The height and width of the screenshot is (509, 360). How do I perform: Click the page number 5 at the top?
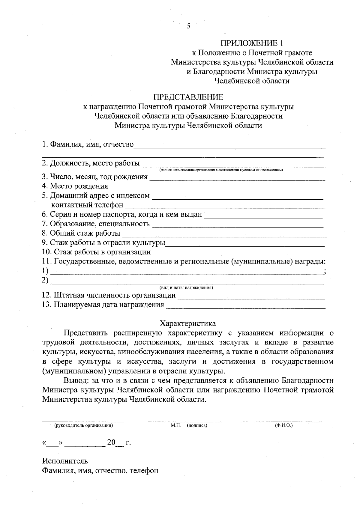pyautogui.click(x=188, y=26)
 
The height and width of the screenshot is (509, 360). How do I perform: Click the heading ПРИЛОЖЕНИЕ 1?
pyautogui.click(x=252, y=43)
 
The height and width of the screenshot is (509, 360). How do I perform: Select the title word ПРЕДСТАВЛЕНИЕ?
pyautogui.click(x=188, y=97)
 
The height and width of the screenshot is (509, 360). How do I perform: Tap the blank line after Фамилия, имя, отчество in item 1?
pyautogui.click(x=229, y=145)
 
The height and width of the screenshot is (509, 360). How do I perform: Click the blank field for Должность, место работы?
pyautogui.click(x=233, y=164)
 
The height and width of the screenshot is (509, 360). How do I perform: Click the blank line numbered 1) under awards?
pyautogui.click(x=186, y=272)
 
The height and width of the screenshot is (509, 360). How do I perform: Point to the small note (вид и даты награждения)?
pyautogui.click(x=186, y=288)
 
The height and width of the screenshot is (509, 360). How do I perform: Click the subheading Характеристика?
pyautogui.click(x=188, y=323)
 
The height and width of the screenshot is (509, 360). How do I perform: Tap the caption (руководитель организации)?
pyautogui.click(x=83, y=425)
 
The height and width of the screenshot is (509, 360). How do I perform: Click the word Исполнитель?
pyautogui.click(x=65, y=460)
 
